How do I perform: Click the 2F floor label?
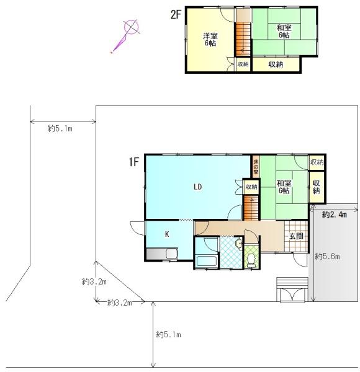pyautogui.click(x=176, y=15)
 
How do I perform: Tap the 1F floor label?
pyautogui.click(x=133, y=162)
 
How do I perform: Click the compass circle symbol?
pyautogui.click(x=131, y=27)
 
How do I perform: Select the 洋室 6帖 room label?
pyautogui.click(x=210, y=40)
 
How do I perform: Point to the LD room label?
pyautogui.click(x=198, y=187)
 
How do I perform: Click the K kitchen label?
pyautogui.click(x=167, y=234)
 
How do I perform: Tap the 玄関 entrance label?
pyautogui.click(x=296, y=236)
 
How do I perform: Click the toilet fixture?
pyautogui.click(x=251, y=260)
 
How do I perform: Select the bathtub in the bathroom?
pyautogui.click(x=206, y=262)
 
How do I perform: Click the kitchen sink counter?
pyautogui.click(x=162, y=254)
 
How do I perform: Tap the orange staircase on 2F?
pyautogui.click(x=243, y=40)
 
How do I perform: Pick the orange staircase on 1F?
pyautogui.click(x=251, y=208)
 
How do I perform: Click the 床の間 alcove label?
pyautogui.click(x=256, y=167)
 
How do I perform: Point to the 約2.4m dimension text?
pyautogui.click(x=334, y=215)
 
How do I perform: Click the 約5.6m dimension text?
pyautogui.click(x=327, y=256)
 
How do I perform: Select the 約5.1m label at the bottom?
pyautogui.click(x=169, y=335)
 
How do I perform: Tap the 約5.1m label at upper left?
pyautogui.click(x=60, y=128)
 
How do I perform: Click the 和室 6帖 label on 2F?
pyautogui.click(x=284, y=32)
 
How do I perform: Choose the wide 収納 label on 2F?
pyautogui.click(x=276, y=64)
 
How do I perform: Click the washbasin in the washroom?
pyautogui.click(x=238, y=244)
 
